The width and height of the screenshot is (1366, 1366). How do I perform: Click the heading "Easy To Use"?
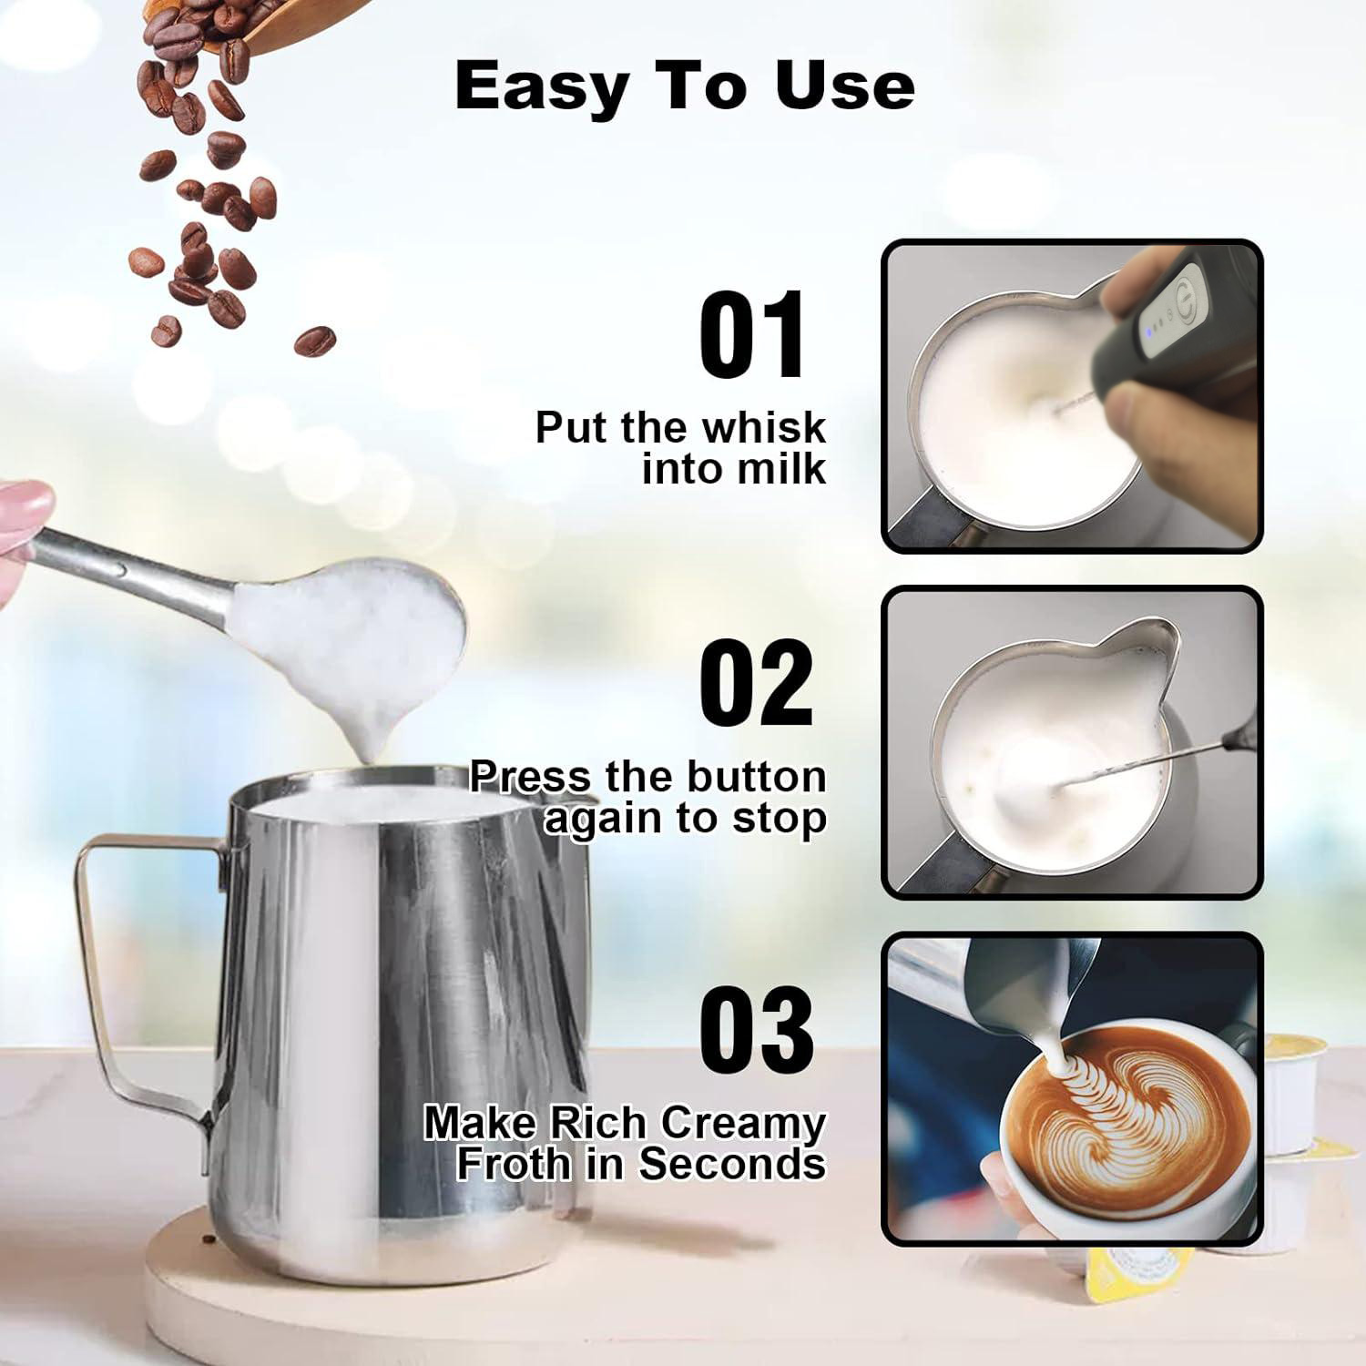684,87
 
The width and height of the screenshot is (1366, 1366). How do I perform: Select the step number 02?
755,682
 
